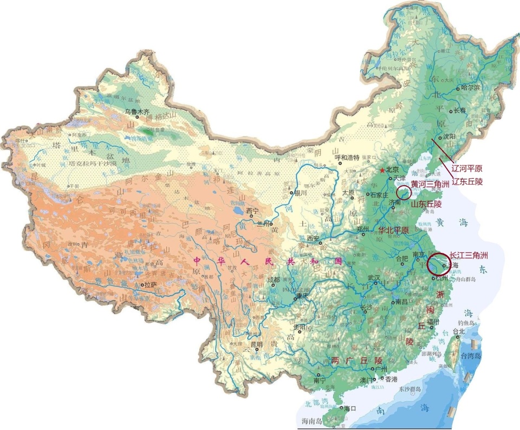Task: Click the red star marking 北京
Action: tap(382, 171)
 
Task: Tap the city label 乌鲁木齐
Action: tap(136, 112)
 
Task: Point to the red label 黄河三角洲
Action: tap(430, 185)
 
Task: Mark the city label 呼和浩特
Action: tap(348, 158)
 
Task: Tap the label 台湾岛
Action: tap(471, 356)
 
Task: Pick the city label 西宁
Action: tap(253, 211)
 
